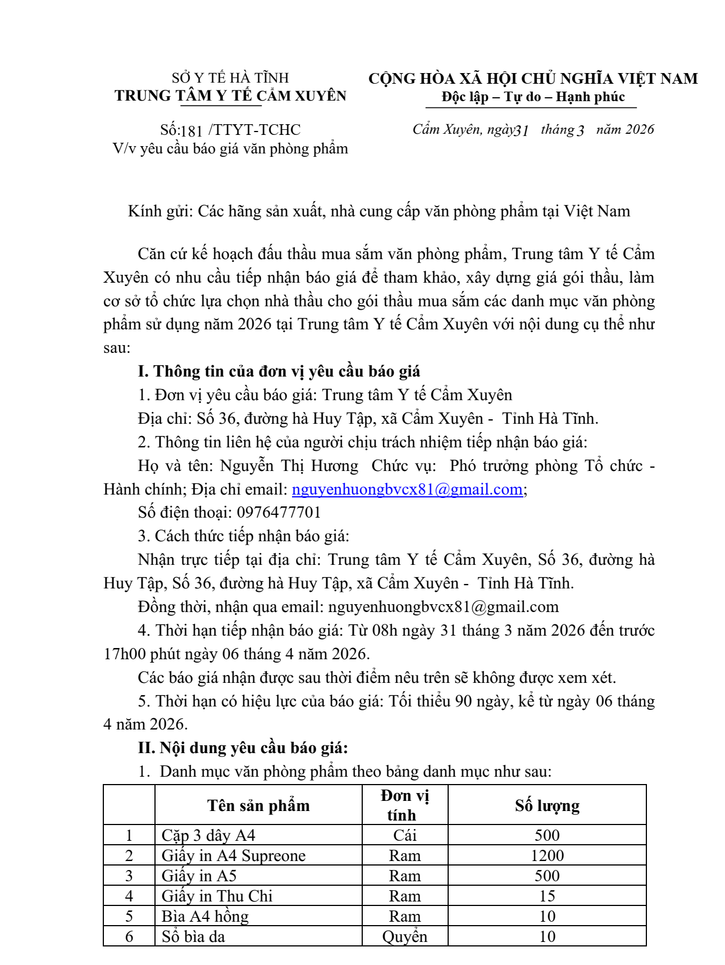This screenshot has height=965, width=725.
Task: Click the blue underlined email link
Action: pyautogui.click(x=407, y=490)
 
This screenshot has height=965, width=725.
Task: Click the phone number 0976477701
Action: pyautogui.click(x=279, y=513)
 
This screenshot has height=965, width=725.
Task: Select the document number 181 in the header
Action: pyautogui.click(x=191, y=131)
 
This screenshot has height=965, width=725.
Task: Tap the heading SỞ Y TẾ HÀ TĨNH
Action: pyautogui.click(x=230, y=78)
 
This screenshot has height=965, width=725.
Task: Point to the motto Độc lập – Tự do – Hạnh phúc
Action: pyautogui.click(x=533, y=97)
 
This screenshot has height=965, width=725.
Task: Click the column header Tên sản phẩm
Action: pyautogui.click(x=258, y=805)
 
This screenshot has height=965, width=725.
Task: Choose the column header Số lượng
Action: pyautogui.click(x=547, y=805)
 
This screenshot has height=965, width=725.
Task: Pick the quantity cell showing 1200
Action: pyautogui.click(x=547, y=855)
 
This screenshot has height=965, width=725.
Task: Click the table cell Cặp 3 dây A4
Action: pyautogui.click(x=208, y=835)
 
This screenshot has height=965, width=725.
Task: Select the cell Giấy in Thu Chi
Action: pyautogui.click(x=217, y=896)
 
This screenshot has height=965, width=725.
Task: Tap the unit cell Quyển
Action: pyautogui.click(x=404, y=936)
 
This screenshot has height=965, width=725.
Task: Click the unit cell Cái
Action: pyautogui.click(x=404, y=835)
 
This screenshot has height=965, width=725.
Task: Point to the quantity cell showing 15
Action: pyautogui.click(x=547, y=896)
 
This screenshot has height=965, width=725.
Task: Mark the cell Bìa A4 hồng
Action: pyautogui.click(x=205, y=916)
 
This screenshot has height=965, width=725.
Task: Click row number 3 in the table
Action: pyautogui.click(x=129, y=876)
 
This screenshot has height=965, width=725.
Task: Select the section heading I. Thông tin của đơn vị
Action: pyautogui.click(x=279, y=371)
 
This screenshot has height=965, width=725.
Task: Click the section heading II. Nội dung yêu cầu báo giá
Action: pyautogui.click(x=243, y=748)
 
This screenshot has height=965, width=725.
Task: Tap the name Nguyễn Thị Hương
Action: pyautogui.click(x=289, y=466)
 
